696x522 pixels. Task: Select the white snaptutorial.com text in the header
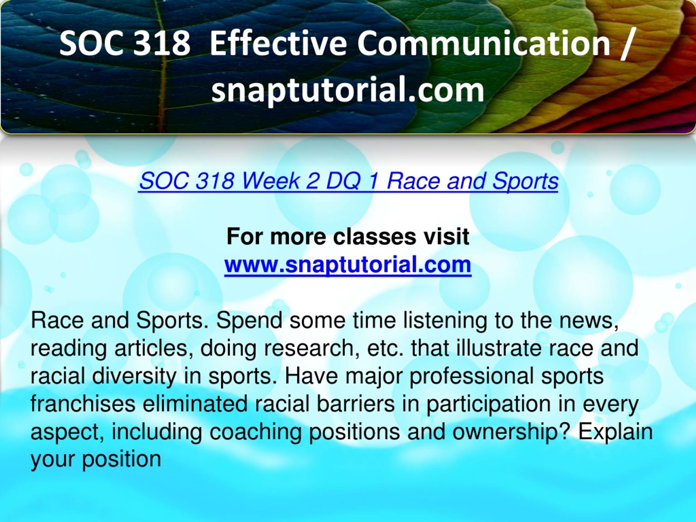coord(348,90)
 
